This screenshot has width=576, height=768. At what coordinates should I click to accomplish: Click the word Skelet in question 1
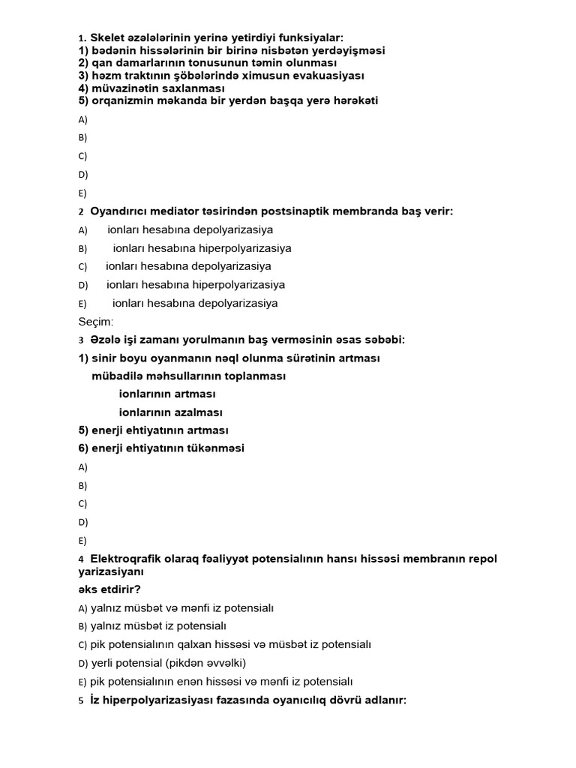coord(108,37)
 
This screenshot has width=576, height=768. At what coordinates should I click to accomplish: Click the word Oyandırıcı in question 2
coord(120,211)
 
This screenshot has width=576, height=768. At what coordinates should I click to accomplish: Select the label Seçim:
coord(96,322)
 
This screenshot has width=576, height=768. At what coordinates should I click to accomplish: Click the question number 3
coord(81,340)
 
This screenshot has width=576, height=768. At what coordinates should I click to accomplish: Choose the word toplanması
coord(253,376)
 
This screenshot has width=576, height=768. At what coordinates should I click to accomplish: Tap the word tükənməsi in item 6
coord(211,448)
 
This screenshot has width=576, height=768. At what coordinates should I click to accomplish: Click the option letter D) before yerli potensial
coord(83,663)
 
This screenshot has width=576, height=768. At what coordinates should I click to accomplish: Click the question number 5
coord(81,700)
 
